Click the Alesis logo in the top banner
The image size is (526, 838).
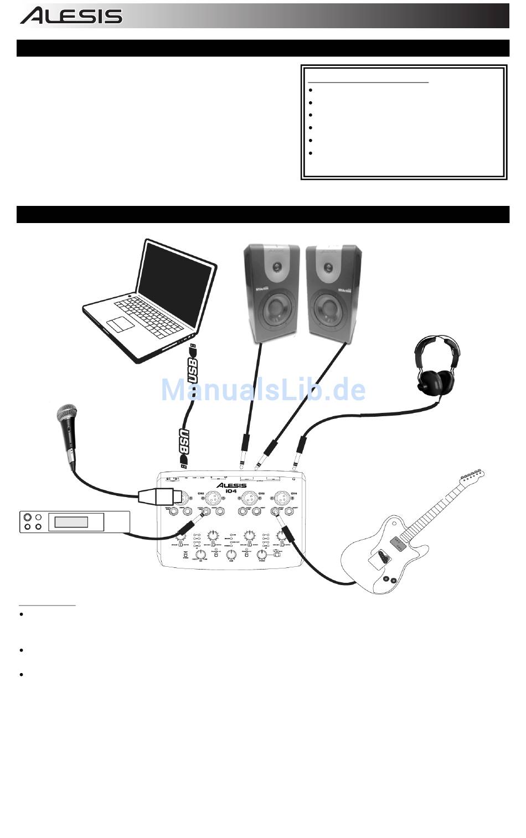(x=71, y=15)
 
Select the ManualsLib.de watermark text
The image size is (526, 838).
(x=263, y=390)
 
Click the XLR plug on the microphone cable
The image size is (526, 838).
(x=156, y=496)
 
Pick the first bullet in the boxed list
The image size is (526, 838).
(x=311, y=90)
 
